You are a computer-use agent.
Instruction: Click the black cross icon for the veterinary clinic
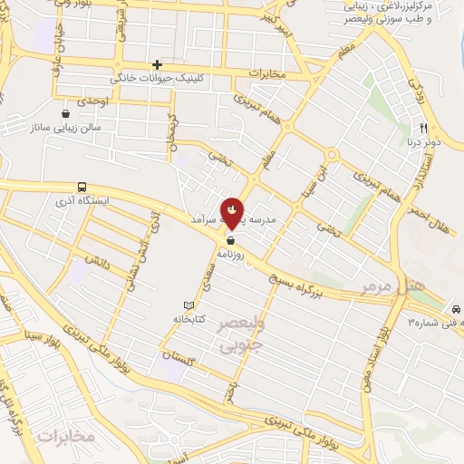click(157, 64)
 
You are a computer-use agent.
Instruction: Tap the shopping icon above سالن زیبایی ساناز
click(65, 113)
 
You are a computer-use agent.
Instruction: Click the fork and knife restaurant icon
click(422, 130)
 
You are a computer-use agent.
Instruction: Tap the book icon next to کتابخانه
click(188, 305)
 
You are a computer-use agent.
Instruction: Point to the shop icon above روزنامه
click(233, 241)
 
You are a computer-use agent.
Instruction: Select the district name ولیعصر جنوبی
click(243, 334)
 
